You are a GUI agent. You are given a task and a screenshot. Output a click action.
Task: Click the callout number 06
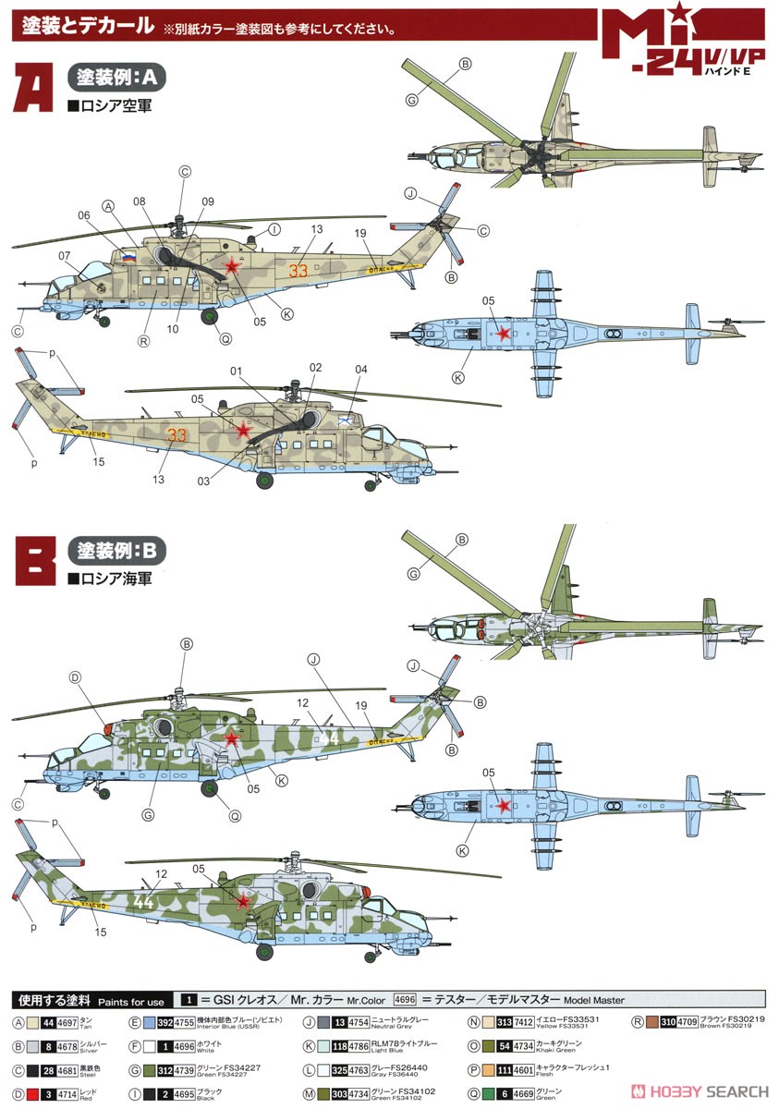(x=84, y=214)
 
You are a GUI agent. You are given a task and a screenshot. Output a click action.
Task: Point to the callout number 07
(x=64, y=256)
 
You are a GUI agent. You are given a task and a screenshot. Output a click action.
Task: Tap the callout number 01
(x=236, y=372)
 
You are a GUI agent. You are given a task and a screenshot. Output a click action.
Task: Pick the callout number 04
(x=360, y=370)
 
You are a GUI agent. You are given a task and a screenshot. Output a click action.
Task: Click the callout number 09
(x=207, y=201)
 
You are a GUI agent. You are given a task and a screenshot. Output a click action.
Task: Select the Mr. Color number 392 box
(x=164, y=1021)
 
